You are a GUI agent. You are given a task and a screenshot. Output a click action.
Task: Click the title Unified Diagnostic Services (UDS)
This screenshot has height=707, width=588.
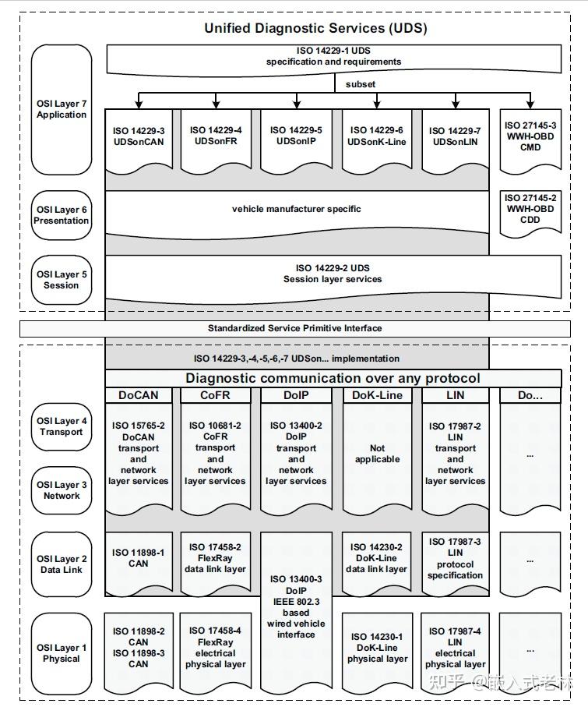pyautogui.click(x=315, y=28)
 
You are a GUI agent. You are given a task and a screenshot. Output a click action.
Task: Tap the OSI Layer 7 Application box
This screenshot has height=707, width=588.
pyautogui.click(x=62, y=110)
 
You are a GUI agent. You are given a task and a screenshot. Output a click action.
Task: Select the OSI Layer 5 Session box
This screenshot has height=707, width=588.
pyautogui.click(x=62, y=280)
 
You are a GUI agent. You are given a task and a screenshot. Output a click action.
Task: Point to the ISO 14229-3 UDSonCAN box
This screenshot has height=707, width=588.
pyautogui.click(x=139, y=140)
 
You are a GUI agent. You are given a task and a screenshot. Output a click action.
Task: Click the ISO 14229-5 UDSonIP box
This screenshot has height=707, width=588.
pyautogui.click(x=296, y=140)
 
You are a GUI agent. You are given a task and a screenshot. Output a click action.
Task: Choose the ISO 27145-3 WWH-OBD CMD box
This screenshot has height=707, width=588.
pyautogui.click(x=530, y=140)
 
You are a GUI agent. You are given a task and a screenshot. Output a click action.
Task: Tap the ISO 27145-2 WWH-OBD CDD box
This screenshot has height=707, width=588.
pyautogui.click(x=530, y=214)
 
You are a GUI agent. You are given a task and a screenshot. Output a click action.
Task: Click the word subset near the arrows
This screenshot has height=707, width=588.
pyautogui.click(x=361, y=84)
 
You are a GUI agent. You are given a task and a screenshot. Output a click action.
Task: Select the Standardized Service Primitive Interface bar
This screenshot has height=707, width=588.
pyautogui.click(x=295, y=329)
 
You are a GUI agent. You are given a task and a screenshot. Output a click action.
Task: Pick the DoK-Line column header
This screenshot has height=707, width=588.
pyautogui.click(x=377, y=395)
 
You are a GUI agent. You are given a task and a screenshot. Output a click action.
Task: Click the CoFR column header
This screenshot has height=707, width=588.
pyautogui.click(x=216, y=395)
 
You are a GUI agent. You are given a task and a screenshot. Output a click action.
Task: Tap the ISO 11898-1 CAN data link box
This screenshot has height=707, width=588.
pyautogui.click(x=139, y=562)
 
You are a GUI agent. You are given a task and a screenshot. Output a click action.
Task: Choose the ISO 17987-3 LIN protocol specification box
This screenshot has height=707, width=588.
pyautogui.click(x=455, y=562)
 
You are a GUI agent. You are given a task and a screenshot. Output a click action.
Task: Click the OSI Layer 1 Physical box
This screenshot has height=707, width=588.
pyautogui.click(x=62, y=653)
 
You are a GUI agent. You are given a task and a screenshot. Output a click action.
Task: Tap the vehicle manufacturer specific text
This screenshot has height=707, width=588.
pyautogui.click(x=296, y=209)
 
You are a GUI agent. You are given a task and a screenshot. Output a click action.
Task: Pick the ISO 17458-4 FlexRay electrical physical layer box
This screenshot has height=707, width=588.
pyautogui.click(x=216, y=652)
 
